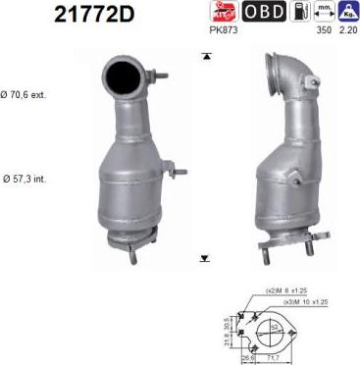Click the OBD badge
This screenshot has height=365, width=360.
pyautogui.click(x=264, y=12)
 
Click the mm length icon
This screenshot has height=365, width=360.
pyautogui.click(x=323, y=12)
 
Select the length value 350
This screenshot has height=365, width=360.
pyautogui.click(x=321, y=30)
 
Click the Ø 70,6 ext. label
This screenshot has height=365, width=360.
pyautogui.click(x=25, y=95)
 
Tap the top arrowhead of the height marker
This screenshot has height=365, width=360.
pyautogui.click(x=203, y=57)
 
